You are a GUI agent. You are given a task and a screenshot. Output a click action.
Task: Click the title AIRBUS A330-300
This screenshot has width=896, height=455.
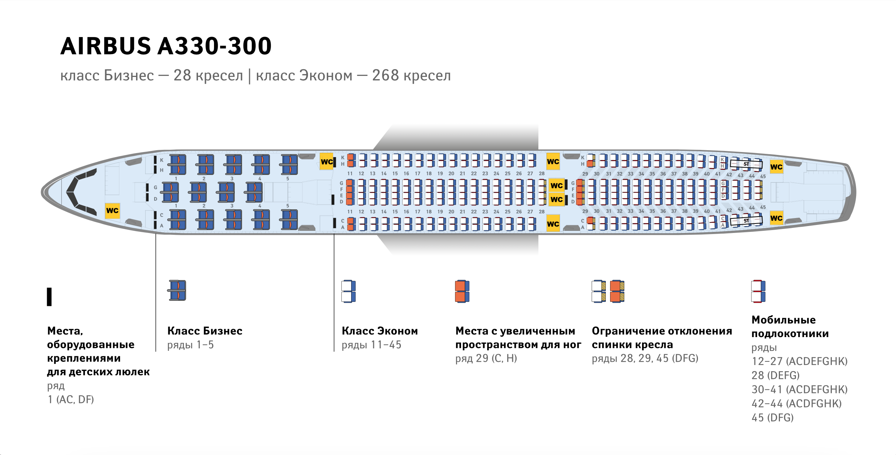pyautogui.click(x=166, y=46)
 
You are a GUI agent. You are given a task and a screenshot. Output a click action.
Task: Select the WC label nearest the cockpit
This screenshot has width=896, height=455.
pyautogui.click(x=112, y=210)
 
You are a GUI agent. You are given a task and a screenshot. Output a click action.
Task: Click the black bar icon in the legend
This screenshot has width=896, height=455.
pyautogui.click(x=49, y=297)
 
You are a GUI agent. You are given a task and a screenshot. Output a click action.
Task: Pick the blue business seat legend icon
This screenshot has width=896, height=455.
pyautogui.click(x=177, y=290)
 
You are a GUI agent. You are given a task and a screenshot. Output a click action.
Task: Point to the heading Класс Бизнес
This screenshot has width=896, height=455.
pyautogui.click(x=205, y=331)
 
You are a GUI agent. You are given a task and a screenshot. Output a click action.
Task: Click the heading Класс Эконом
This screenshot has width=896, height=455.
pyautogui.click(x=380, y=331)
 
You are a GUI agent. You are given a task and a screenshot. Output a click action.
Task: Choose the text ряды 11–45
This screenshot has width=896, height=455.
pyautogui.click(x=371, y=345)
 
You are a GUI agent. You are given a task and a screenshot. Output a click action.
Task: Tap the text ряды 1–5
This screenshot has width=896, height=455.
pyautogui.click(x=190, y=345)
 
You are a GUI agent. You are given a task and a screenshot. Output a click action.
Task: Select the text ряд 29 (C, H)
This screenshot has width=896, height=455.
pyautogui.click(x=486, y=358)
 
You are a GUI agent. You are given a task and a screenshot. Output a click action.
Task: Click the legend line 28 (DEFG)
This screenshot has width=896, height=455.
pyautogui.click(x=776, y=375)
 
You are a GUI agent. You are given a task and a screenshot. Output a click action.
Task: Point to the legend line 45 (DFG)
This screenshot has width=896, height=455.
pyautogui.click(x=773, y=418)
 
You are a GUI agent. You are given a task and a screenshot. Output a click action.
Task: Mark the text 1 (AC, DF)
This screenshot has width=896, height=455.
pyautogui.click(x=71, y=399)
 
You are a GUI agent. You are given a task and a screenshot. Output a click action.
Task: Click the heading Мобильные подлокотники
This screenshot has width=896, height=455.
pyautogui.click(x=790, y=327)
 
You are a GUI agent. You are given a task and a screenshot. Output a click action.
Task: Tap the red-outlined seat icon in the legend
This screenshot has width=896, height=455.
pyautogui.click(x=758, y=291)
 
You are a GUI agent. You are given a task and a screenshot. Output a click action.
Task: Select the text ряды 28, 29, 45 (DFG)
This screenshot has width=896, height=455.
pyautogui.click(x=645, y=358)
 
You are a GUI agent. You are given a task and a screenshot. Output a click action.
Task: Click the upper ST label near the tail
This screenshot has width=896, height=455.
pyautogui.click(x=746, y=164)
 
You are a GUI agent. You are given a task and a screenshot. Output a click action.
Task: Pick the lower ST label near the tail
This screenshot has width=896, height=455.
pyautogui.click(x=746, y=221)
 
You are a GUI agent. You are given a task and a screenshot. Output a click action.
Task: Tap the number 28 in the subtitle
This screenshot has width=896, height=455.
pyautogui.click(x=182, y=75)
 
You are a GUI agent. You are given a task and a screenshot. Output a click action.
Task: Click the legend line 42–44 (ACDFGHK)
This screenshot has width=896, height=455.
pyautogui.click(x=797, y=403)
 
